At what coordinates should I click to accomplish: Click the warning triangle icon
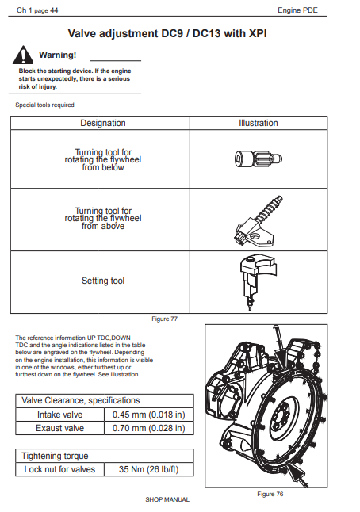(x=23, y=55)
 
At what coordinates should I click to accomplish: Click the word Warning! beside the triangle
(x=58, y=55)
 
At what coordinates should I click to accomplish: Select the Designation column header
(x=103, y=123)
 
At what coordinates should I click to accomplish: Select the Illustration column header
(x=258, y=123)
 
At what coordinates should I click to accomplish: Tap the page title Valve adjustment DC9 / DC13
(x=167, y=33)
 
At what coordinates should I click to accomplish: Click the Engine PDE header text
(x=297, y=10)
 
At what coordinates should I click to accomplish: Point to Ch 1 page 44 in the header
(x=37, y=10)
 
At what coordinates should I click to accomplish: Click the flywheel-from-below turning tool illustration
(x=259, y=159)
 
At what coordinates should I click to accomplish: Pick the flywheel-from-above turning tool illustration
(x=259, y=221)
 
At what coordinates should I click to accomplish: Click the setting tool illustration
(x=258, y=282)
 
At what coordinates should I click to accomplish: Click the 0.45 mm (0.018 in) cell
(x=148, y=415)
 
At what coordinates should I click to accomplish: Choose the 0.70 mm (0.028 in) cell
(x=148, y=428)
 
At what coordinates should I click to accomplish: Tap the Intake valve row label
(x=59, y=415)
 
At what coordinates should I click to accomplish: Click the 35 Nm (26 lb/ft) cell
(x=148, y=469)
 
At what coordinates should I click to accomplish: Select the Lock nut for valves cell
(x=59, y=469)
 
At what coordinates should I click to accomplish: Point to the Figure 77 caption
(x=165, y=319)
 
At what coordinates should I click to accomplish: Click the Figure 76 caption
(x=270, y=494)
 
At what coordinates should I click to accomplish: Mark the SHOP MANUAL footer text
(x=167, y=499)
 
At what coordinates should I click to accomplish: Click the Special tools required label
(x=44, y=105)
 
